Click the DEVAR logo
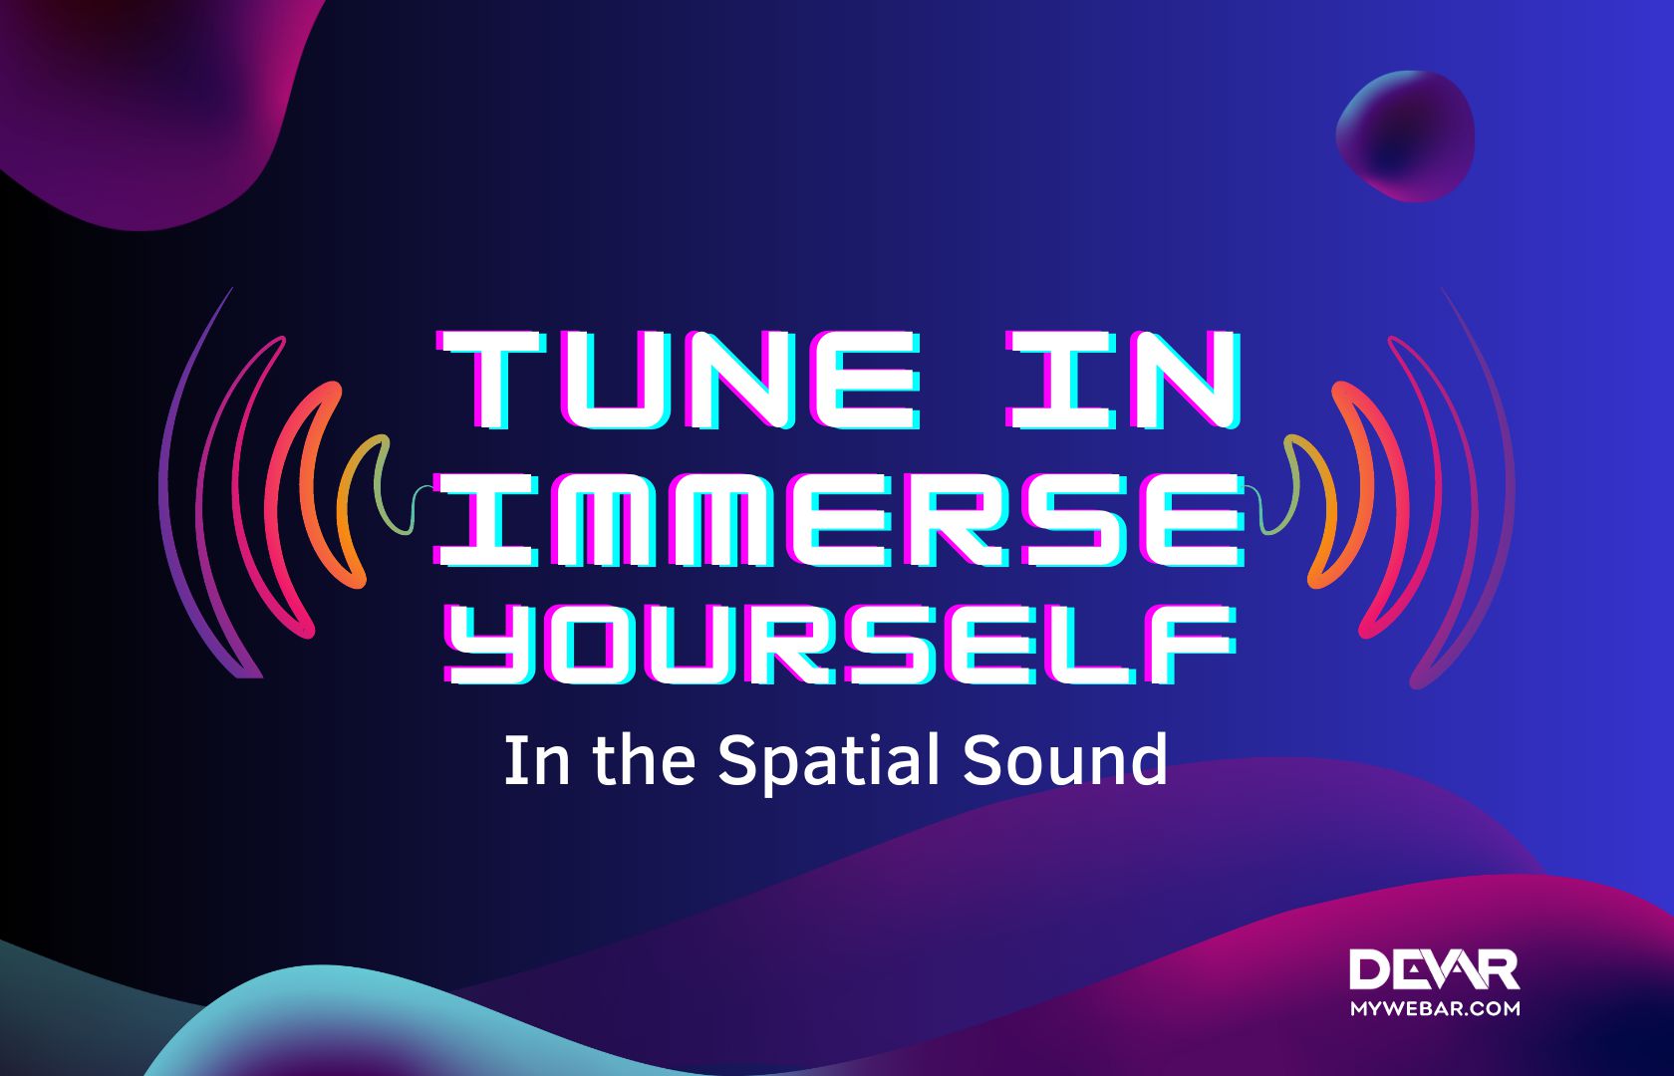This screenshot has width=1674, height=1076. point(1434,970)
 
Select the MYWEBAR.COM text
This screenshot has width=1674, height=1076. point(1435,1008)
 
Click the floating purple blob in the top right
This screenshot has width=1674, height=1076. point(1405,134)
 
